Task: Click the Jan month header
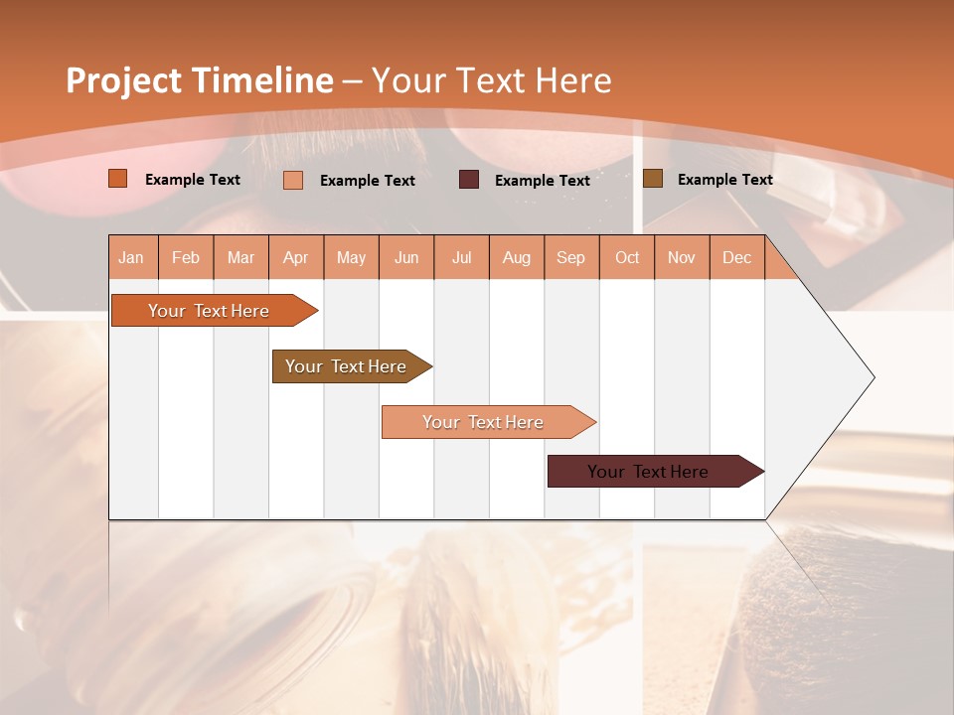click(x=131, y=257)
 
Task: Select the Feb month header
click(x=186, y=257)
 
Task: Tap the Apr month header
click(x=295, y=257)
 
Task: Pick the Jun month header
click(x=406, y=257)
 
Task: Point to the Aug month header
click(x=516, y=257)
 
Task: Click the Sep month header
click(x=570, y=257)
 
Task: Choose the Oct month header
click(x=627, y=257)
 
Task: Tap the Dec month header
click(x=736, y=257)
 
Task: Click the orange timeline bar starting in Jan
click(x=209, y=311)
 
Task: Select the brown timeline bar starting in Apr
click(x=346, y=366)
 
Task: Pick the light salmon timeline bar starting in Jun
click(x=483, y=422)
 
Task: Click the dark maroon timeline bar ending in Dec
click(x=648, y=472)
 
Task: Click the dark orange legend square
click(x=117, y=179)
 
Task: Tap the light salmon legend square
click(x=292, y=180)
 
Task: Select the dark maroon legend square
click(x=469, y=180)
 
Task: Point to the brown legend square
click(x=652, y=179)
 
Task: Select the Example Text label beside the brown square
click(x=724, y=180)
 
